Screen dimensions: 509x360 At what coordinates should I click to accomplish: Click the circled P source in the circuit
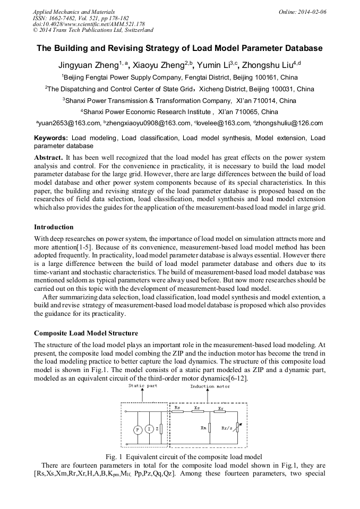pyautogui.click(x=137, y=428)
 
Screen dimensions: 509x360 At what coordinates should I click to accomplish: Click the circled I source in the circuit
pyautogui.click(x=149, y=428)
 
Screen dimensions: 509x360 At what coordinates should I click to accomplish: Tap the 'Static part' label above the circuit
pyautogui.click(x=142, y=386)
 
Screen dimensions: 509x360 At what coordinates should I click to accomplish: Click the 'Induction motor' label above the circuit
pyautogui.click(x=210, y=386)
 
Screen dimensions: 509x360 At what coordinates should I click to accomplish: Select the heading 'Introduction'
pyautogui.click(x=54, y=227)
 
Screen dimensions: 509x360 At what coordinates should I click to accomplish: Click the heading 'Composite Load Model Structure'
pyautogui.click(x=86, y=333)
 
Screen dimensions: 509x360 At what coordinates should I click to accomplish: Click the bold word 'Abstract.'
pyautogui.click(x=48, y=158)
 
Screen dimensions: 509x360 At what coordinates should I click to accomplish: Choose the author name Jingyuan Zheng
pyautogui.click(x=88, y=65)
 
